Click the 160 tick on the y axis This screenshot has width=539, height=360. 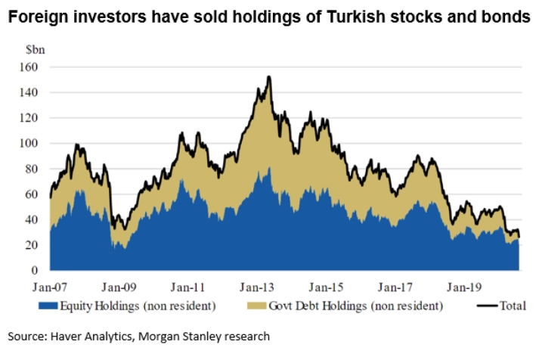[29, 67]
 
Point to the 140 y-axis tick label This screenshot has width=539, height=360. [29, 92]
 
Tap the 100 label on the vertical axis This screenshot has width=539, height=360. [29, 143]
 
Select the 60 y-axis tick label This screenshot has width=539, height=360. [32, 194]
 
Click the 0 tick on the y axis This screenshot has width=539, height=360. [34, 270]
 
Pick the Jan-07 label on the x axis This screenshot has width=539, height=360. [51, 287]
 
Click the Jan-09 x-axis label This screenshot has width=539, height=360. [119, 287]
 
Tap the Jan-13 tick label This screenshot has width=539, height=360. [258, 287]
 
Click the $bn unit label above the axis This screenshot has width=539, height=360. [35, 49]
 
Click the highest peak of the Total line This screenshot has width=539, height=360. [269, 77]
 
